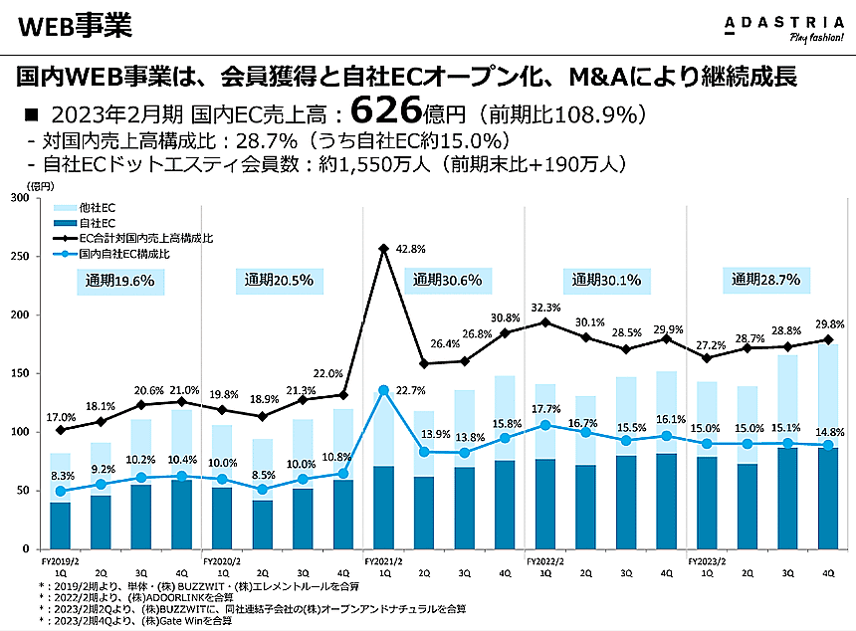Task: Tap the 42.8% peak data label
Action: click(411, 248)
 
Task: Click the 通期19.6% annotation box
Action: click(119, 281)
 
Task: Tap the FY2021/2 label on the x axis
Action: click(384, 561)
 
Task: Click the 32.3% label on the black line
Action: click(544, 308)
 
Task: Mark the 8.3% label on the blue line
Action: click(62, 476)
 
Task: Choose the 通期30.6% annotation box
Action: click(447, 281)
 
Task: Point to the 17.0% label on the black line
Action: click(62, 417)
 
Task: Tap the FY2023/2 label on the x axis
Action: click(708, 561)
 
